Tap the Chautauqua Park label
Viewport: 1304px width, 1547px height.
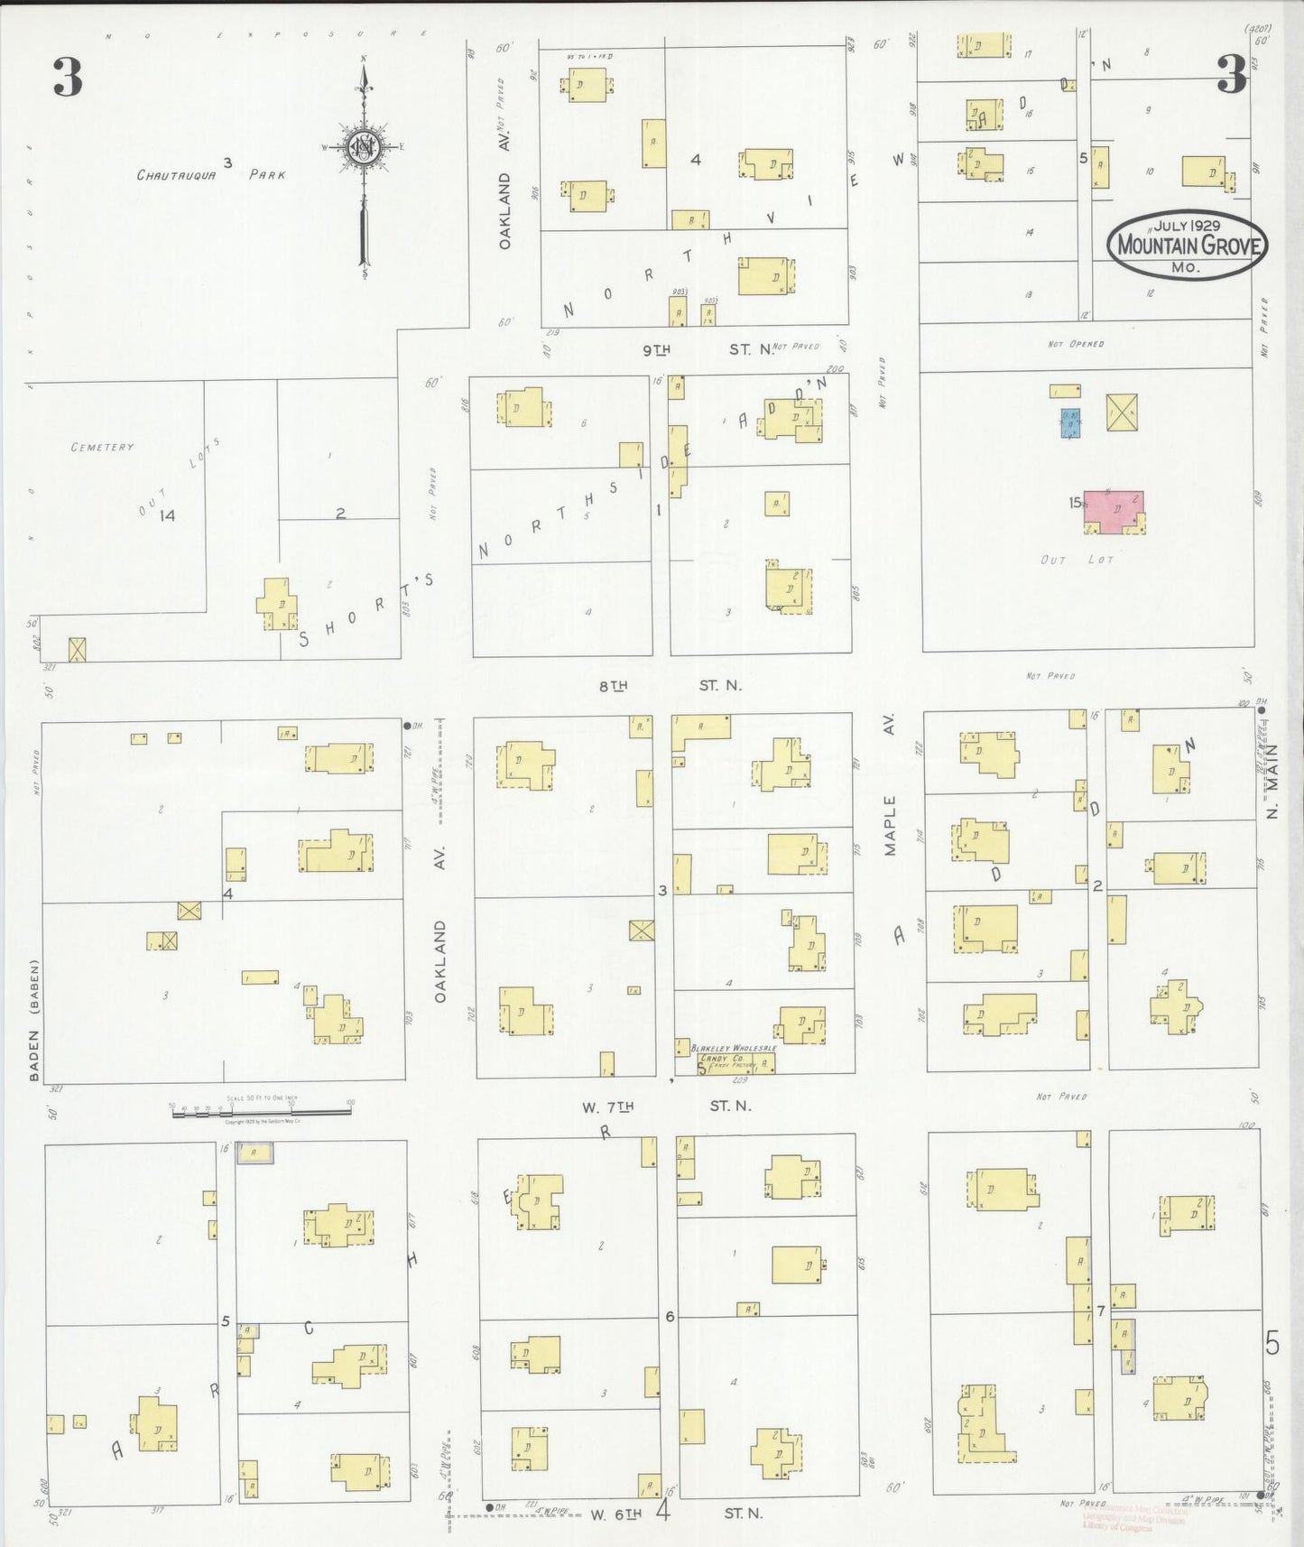pyautogui.click(x=211, y=173)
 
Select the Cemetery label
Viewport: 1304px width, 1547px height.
pyautogui.click(x=102, y=447)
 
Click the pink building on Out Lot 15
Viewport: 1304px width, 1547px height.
pyautogui.click(x=1114, y=511)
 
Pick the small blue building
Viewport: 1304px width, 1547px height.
pyautogui.click(x=1070, y=422)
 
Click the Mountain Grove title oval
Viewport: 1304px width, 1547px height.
pyautogui.click(x=1188, y=244)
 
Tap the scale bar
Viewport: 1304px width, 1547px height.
pyautogui.click(x=261, y=1112)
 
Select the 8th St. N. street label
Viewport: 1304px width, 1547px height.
pyautogui.click(x=670, y=686)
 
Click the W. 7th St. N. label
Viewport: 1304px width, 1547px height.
pyautogui.click(x=666, y=1106)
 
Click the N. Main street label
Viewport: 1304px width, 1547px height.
pyautogui.click(x=1272, y=781)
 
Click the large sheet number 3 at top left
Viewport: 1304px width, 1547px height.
pyautogui.click(x=68, y=77)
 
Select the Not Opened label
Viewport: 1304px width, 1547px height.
pyautogui.click(x=1076, y=344)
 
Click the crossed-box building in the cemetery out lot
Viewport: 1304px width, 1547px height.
pyautogui.click(x=78, y=649)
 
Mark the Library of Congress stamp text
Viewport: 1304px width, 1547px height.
pyautogui.click(x=1133, y=1522)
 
